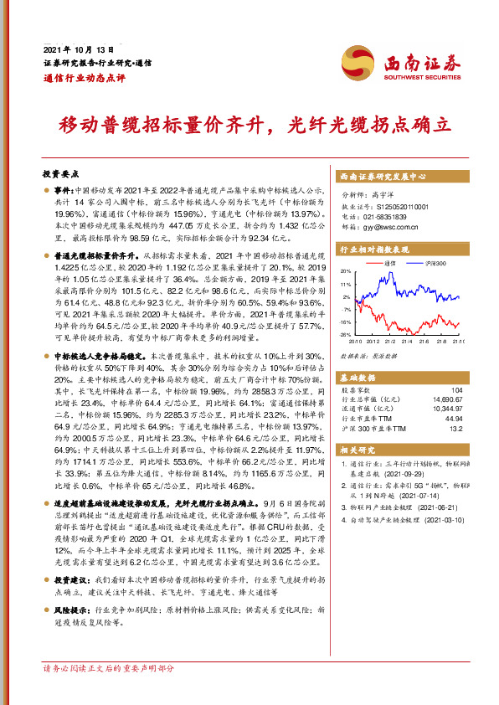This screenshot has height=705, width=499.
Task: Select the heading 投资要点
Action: point(60,174)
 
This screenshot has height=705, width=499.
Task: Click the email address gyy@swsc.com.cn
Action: point(394,224)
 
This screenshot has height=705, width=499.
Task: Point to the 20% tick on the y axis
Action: point(346,272)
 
